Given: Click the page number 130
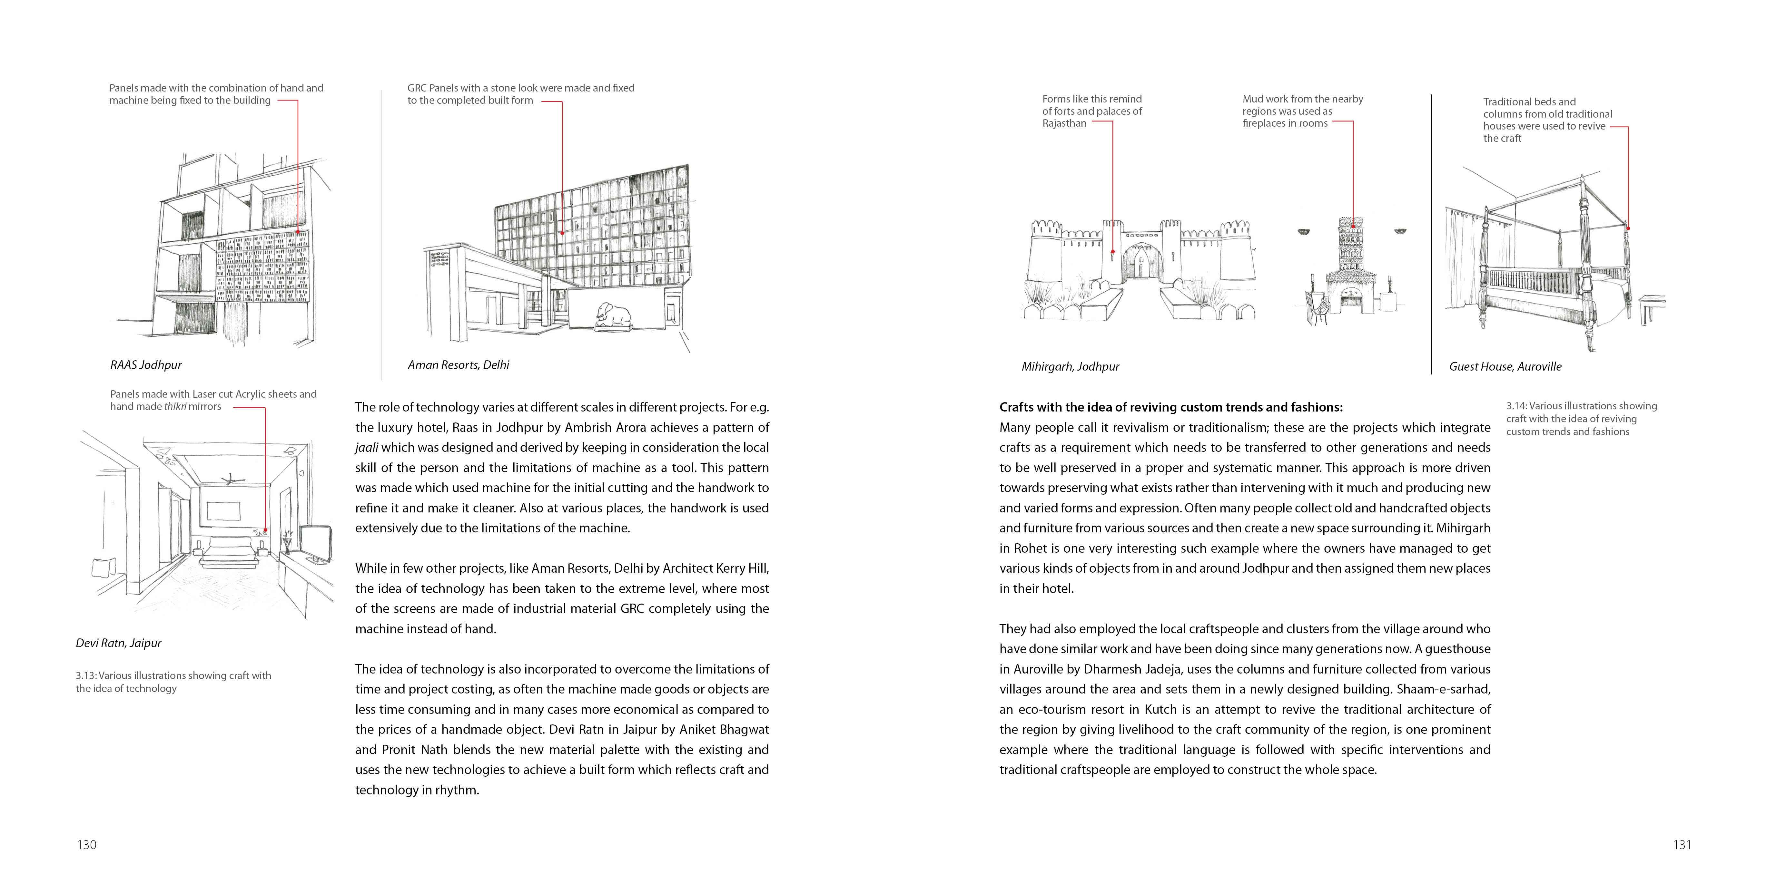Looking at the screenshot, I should click(86, 845).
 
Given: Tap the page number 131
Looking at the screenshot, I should click(1682, 845).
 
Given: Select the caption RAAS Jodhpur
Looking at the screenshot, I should click(145, 365).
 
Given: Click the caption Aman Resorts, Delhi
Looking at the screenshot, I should click(458, 365).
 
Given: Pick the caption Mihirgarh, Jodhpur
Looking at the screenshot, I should click(1070, 367).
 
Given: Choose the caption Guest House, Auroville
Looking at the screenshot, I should click(1505, 367).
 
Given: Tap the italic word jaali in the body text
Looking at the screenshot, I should click(366, 448).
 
